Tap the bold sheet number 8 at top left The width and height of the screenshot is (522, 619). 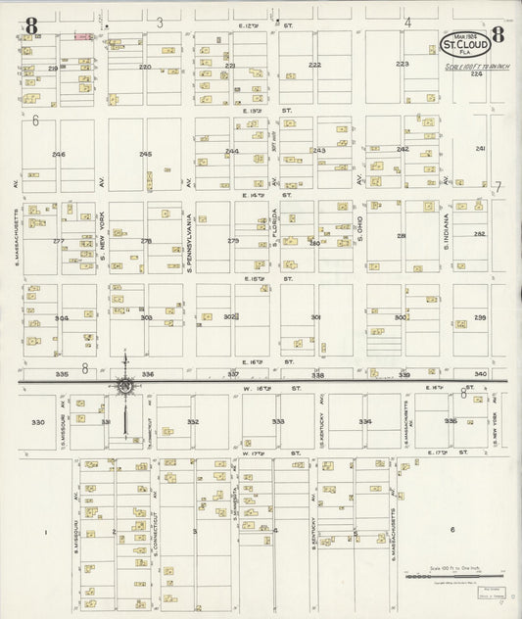[x=32, y=25]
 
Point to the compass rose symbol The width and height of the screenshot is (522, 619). [x=125, y=387]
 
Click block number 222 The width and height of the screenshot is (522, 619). [x=313, y=65]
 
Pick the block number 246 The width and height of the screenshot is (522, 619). [x=60, y=155]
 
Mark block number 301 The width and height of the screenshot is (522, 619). [x=315, y=317]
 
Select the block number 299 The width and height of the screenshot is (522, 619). [x=481, y=317]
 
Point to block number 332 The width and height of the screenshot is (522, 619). [x=193, y=422]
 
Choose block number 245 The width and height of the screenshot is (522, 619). [x=145, y=155]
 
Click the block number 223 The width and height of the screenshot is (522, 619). [x=402, y=64]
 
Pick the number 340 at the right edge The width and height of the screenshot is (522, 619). [x=480, y=374]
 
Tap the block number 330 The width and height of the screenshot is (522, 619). [x=38, y=422]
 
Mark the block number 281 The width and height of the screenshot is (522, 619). [x=402, y=236]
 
